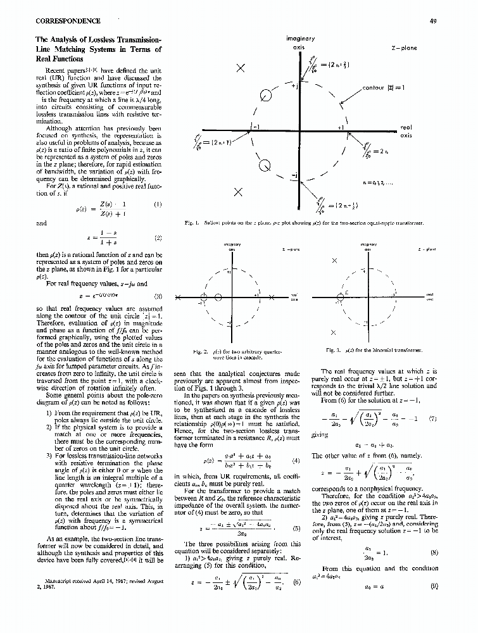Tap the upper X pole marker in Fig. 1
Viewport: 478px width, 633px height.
point(241,68)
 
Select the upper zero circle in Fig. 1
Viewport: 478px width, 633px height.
point(267,96)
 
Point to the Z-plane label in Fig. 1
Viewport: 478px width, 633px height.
point(404,47)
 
